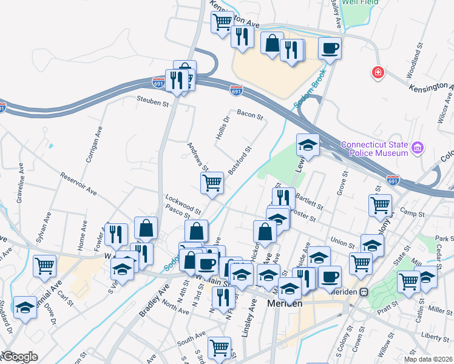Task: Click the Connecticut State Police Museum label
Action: (x=374, y=149)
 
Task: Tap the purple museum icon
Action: (x=417, y=148)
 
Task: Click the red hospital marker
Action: (x=378, y=73)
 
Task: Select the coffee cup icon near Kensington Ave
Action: (x=330, y=48)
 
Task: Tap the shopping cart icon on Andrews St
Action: (x=212, y=182)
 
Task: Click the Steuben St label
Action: (x=152, y=100)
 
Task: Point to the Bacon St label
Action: (x=249, y=113)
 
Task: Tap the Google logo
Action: (x=19, y=357)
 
